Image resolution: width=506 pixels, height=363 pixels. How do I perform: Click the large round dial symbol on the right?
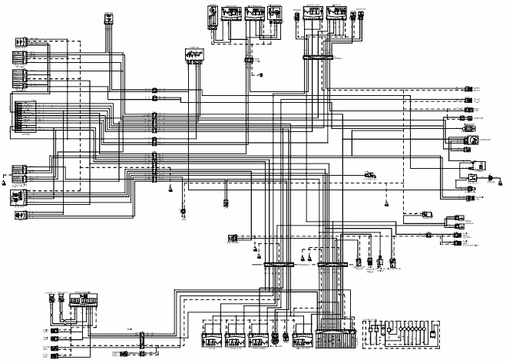[474, 140]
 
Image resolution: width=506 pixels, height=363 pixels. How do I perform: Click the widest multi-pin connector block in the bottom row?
[332, 338]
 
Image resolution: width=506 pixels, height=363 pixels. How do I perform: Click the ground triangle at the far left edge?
[5, 184]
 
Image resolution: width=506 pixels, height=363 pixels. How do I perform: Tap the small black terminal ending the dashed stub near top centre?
[261, 75]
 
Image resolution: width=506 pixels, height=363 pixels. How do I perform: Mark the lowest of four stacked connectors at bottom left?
[55, 355]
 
